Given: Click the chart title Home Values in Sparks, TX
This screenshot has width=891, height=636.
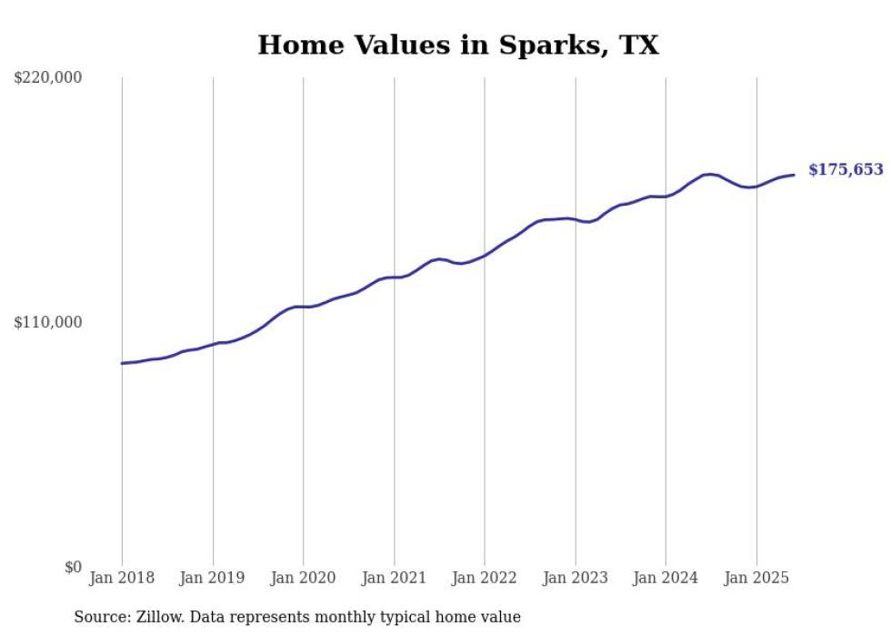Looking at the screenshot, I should click(457, 45).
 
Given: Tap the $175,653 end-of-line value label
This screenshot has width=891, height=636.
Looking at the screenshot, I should click(846, 169).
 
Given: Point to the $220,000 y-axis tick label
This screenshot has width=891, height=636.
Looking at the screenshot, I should click(48, 78).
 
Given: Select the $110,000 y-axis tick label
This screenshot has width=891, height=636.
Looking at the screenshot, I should click(48, 322).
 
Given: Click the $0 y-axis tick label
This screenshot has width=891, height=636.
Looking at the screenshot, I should click(73, 568).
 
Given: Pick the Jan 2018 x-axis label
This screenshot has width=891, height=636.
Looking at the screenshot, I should click(122, 578).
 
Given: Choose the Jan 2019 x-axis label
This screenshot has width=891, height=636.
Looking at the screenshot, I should click(213, 578).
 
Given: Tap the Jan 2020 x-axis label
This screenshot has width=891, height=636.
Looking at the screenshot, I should click(303, 578).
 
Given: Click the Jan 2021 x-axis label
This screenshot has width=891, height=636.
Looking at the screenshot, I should click(394, 578).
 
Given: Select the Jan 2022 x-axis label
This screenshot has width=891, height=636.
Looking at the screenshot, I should click(485, 578).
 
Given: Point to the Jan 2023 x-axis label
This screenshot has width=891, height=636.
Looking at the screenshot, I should click(575, 578).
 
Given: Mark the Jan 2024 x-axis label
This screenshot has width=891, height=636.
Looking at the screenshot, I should click(666, 578).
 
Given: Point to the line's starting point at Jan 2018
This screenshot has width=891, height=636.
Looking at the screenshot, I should click(122, 363).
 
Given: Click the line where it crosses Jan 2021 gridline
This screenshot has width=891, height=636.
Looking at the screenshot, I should click(394, 277).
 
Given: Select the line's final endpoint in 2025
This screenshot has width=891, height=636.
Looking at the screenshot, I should click(794, 175).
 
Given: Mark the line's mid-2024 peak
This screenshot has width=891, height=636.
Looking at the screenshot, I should click(708, 174).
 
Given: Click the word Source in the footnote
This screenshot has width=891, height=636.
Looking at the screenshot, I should click(100, 618).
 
